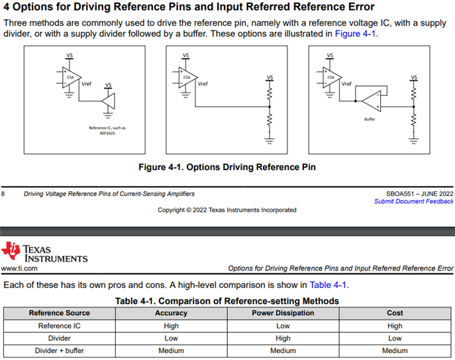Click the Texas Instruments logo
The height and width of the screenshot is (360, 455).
(x=44, y=253)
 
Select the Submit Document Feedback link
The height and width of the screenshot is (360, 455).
(x=413, y=201)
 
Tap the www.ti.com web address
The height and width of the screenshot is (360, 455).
(x=19, y=269)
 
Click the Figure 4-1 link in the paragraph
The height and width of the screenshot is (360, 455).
(x=356, y=34)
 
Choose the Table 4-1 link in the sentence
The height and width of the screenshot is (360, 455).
(x=328, y=285)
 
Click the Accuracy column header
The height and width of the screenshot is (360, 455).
(x=171, y=313)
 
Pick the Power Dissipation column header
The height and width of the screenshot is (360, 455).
(x=283, y=313)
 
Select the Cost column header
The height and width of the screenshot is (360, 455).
(x=395, y=313)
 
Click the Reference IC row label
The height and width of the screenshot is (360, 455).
(x=60, y=326)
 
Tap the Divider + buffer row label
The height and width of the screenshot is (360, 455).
(x=60, y=350)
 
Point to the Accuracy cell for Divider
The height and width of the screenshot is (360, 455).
(x=171, y=337)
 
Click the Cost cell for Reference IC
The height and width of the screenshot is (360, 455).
(x=395, y=326)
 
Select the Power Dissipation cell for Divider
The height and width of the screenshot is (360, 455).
(x=283, y=337)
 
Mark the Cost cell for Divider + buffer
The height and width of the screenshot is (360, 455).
(x=395, y=350)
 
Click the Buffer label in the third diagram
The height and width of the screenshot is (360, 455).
(x=370, y=119)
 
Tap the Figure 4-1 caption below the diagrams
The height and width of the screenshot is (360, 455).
(x=227, y=167)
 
